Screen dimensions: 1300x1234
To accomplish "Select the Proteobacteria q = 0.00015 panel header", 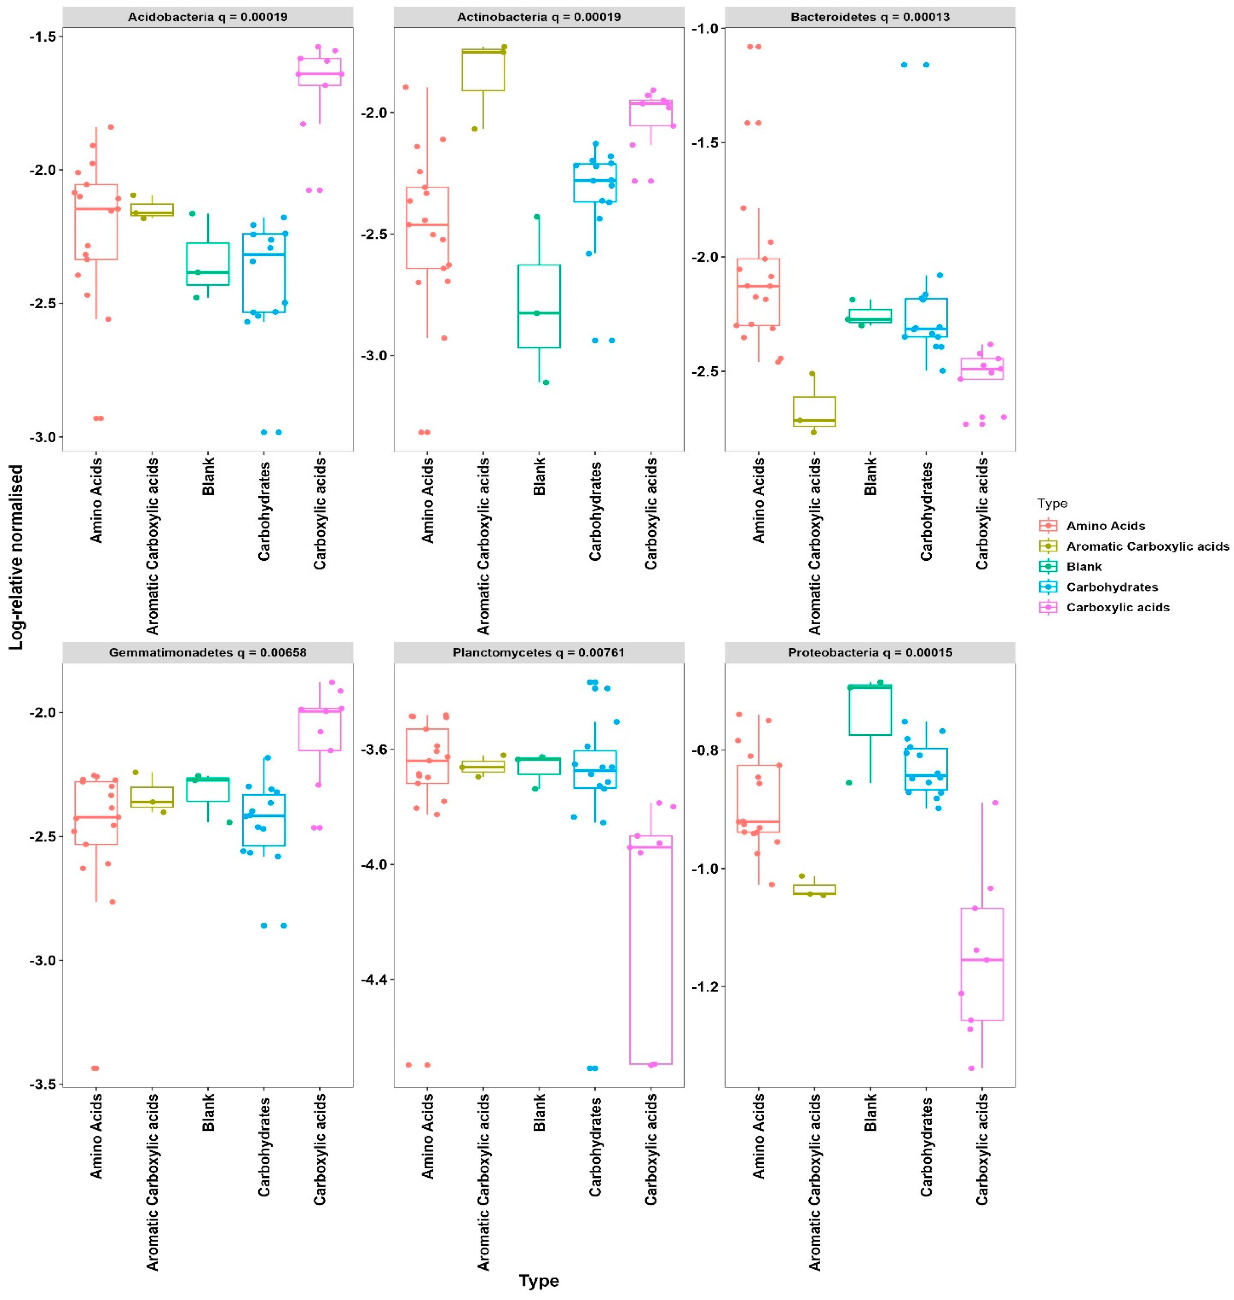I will click(x=870, y=653).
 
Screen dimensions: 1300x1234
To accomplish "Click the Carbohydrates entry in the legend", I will click(x=1112, y=587).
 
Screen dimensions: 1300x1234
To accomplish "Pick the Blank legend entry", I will click(x=1083, y=566).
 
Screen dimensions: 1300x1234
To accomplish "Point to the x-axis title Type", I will click(x=539, y=1280).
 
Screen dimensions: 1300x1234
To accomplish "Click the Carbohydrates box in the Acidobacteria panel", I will click(x=264, y=272).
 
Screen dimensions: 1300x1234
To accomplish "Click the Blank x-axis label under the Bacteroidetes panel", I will click(x=870, y=476).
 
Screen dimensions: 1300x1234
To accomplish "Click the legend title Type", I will click(x=1052, y=503).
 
